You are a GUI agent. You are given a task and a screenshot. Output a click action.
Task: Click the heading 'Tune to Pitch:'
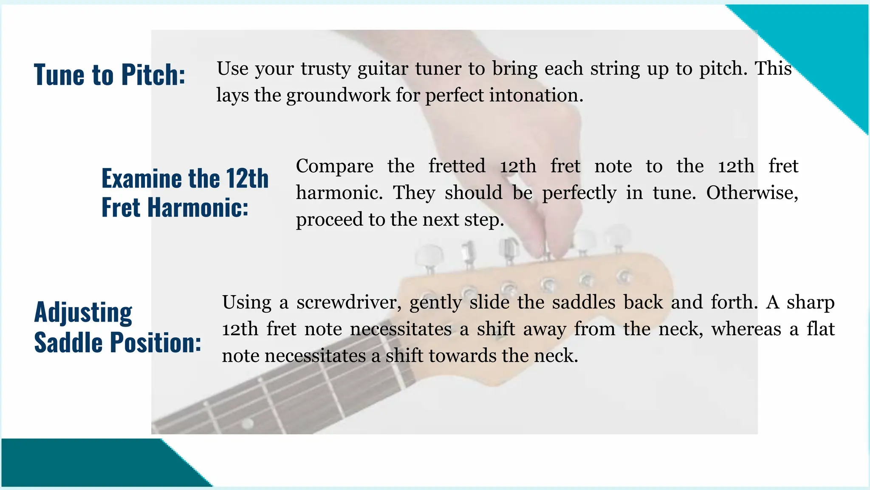110,75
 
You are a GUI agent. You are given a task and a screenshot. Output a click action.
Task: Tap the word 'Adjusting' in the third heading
83,313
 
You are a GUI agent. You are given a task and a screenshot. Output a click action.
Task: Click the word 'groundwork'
338,95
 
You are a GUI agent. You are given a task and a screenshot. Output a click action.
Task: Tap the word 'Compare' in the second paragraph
334,166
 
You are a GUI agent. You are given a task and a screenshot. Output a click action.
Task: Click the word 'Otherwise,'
752,193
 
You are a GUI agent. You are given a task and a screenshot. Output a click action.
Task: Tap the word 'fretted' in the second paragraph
457,166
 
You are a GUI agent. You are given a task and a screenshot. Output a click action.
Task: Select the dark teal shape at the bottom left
85,463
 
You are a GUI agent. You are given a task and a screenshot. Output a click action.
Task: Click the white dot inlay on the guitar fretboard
247,423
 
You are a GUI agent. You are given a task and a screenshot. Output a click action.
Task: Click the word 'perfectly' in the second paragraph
579,193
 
